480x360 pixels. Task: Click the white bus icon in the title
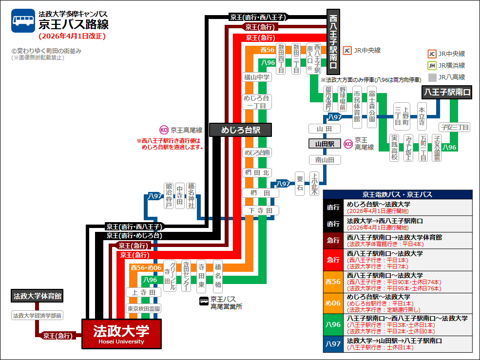tap(23, 20)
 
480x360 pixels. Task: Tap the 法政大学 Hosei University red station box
tap(121, 334)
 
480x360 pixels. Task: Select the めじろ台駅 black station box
tap(240, 130)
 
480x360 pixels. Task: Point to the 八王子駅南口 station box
tap(447, 92)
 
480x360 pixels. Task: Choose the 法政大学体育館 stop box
tap(38, 296)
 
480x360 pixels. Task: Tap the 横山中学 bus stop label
tap(256, 77)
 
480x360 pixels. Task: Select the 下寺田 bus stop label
tap(261, 210)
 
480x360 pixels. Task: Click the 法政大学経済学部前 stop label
tap(38, 316)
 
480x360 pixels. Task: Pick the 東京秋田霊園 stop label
tap(144, 309)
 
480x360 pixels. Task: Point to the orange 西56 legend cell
tap(333, 282)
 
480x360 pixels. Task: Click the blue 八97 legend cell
tap(333, 344)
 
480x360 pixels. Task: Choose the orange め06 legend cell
tap(333, 303)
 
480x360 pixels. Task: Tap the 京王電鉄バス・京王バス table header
tap(398, 194)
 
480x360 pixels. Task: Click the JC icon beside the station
tap(347, 50)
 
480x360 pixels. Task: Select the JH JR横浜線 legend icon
tap(432, 66)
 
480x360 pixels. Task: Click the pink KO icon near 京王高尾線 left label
tap(164, 130)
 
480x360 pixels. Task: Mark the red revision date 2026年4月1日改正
tap(72, 36)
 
